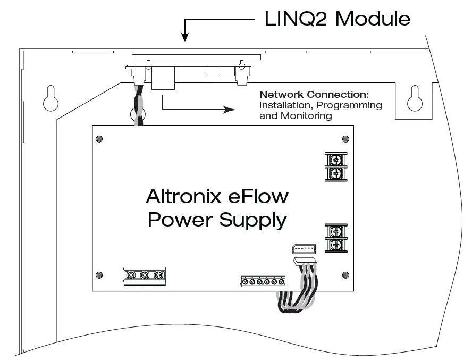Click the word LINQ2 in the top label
tap(296, 19)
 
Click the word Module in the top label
tap(374, 19)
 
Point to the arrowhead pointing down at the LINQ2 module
tap(184, 37)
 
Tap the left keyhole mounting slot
tap(49, 98)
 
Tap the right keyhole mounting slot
tap(414, 98)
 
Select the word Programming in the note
tap(351, 105)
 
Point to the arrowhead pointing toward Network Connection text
tap(230, 110)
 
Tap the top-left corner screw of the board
tap(98, 139)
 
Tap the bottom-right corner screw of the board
tap(346, 275)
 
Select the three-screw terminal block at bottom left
tap(144, 275)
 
